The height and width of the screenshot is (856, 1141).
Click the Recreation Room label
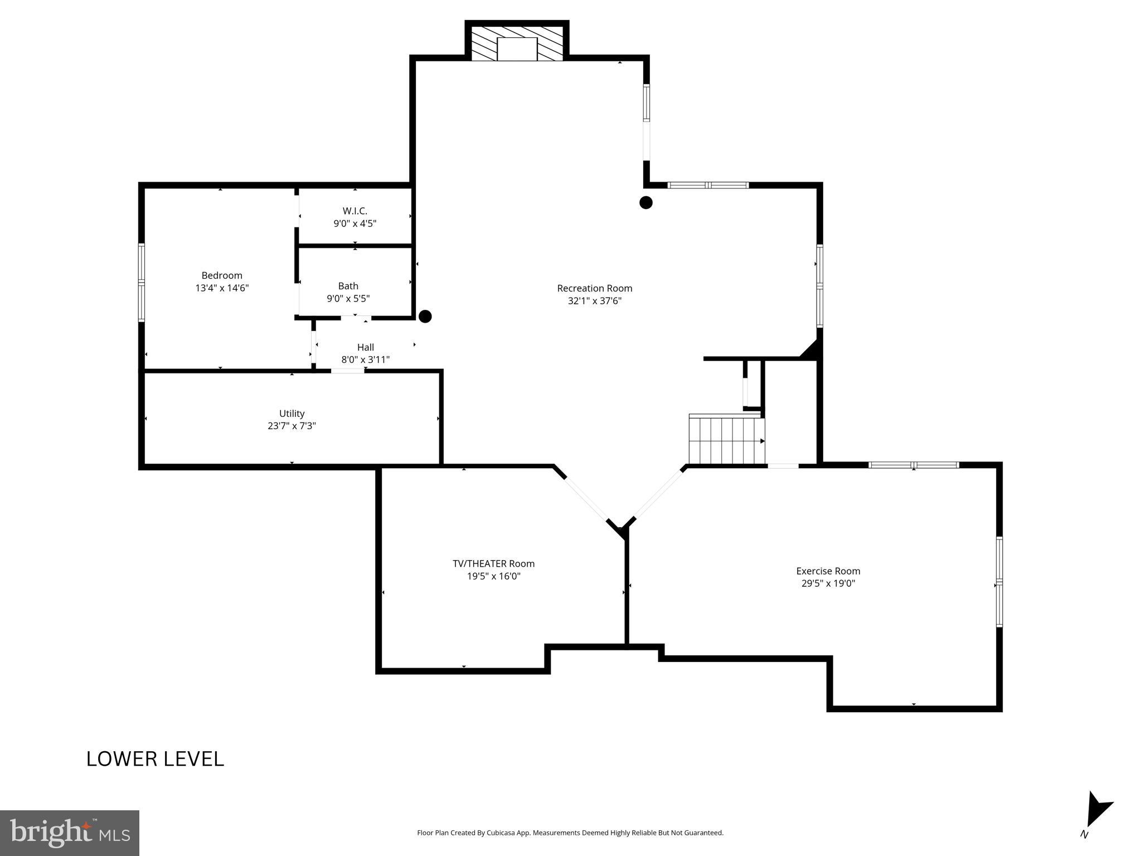pos(594,288)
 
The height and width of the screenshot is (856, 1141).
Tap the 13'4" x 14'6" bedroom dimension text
pos(222,288)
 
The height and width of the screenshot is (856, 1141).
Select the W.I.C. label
pos(355,211)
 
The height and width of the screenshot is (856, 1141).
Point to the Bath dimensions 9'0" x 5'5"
pos(348,299)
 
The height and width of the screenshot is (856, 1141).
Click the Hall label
pos(365,347)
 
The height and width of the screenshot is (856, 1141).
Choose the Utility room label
pos(292,414)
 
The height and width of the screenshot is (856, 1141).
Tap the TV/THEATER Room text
pos(493,563)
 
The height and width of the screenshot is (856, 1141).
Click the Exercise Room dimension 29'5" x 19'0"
pos(828,583)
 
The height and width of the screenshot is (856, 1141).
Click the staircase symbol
pos(726,440)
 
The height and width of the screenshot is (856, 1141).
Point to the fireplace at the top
pos(517,43)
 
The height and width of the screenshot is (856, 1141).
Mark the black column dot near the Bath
pos(425,317)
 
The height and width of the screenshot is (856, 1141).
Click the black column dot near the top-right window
pos(645,203)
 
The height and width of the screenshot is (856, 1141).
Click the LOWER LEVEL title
pos(155,759)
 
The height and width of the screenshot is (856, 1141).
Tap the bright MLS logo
pos(69,833)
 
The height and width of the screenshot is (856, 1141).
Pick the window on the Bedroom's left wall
pos(142,283)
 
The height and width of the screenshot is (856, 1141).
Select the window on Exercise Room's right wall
pos(999,582)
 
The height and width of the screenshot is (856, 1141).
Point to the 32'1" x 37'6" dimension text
pos(594,301)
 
